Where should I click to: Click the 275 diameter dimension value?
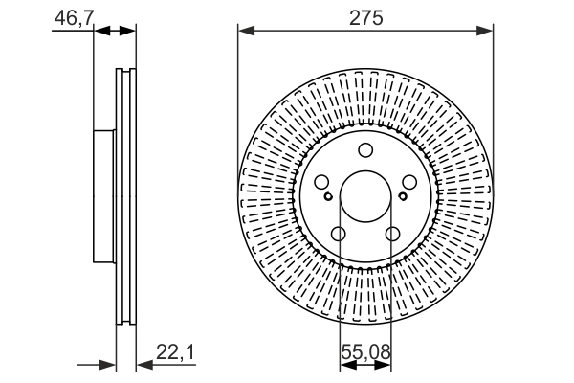[x=364, y=18]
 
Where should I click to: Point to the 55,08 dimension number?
[x=364, y=353]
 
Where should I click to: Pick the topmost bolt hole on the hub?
[x=364, y=149]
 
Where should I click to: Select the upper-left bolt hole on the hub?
[x=321, y=182]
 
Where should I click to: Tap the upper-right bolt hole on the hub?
[x=408, y=182]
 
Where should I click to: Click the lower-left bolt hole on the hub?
[x=338, y=234]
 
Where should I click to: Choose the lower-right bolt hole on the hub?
[x=392, y=234]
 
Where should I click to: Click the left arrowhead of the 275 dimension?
[x=245, y=32]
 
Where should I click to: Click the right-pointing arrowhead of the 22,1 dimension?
[x=108, y=364]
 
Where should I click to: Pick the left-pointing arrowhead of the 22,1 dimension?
[x=144, y=364]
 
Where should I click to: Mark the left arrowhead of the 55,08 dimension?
[x=345, y=364]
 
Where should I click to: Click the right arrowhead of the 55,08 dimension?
[x=385, y=364]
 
